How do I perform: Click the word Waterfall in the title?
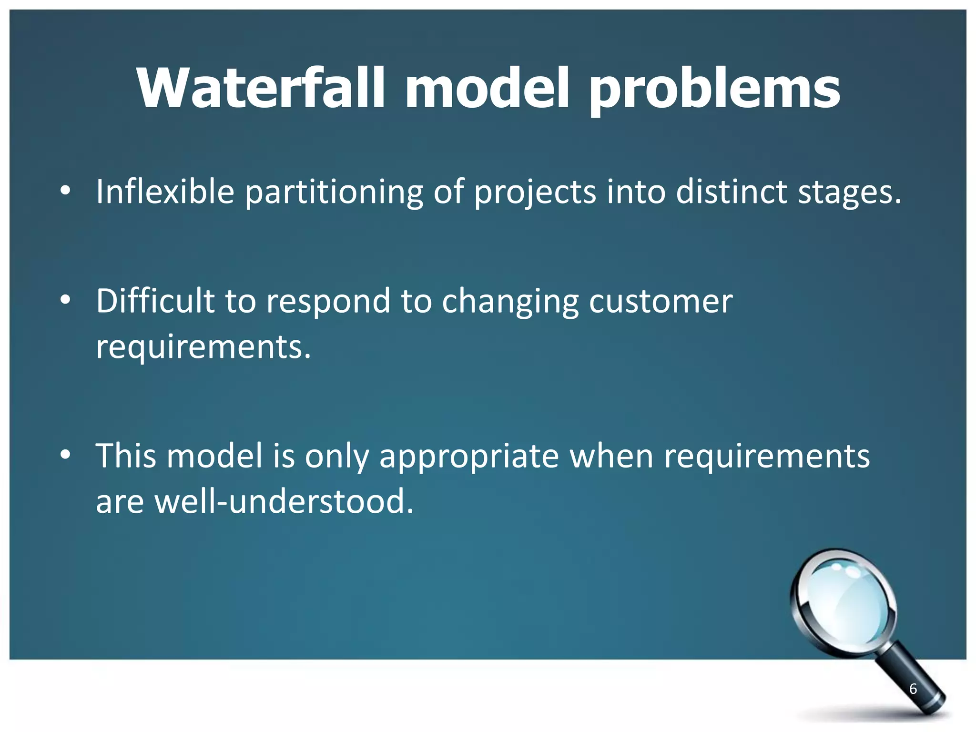(x=260, y=89)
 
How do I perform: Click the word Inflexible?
(x=165, y=192)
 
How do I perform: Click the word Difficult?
(x=155, y=301)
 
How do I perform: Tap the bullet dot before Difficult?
(x=65, y=300)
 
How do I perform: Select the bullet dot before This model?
(x=65, y=455)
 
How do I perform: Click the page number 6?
(x=913, y=689)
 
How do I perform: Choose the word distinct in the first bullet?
(x=731, y=192)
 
